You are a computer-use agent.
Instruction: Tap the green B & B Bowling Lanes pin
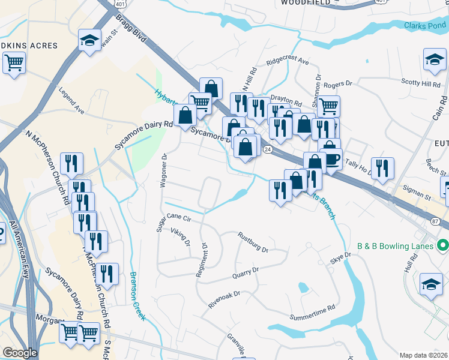(x=443, y=245)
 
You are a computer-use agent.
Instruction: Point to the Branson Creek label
(x=137, y=296)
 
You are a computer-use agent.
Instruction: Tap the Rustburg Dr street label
(x=252, y=241)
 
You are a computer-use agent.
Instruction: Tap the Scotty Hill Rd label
(x=421, y=84)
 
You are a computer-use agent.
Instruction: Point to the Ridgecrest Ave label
(x=288, y=61)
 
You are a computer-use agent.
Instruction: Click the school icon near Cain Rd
(x=434, y=59)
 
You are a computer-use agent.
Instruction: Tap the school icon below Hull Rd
(x=430, y=284)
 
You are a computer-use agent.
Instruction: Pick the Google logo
(x=20, y=353)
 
